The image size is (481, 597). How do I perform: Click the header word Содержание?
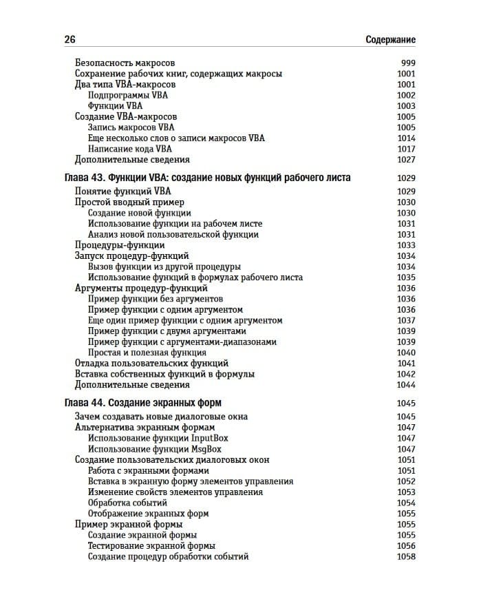tap(391, 40)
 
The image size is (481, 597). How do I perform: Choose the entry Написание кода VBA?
tap(130, 149)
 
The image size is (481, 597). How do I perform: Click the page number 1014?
tap(406, 138)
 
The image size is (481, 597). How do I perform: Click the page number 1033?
tap(406, 245)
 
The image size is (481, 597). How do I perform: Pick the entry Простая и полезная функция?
tap(147, 353)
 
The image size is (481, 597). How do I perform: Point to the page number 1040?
tap(406, 353)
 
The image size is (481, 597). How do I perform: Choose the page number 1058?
tap(406, 556)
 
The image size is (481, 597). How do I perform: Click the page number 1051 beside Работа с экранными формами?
tap(406, 470)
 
